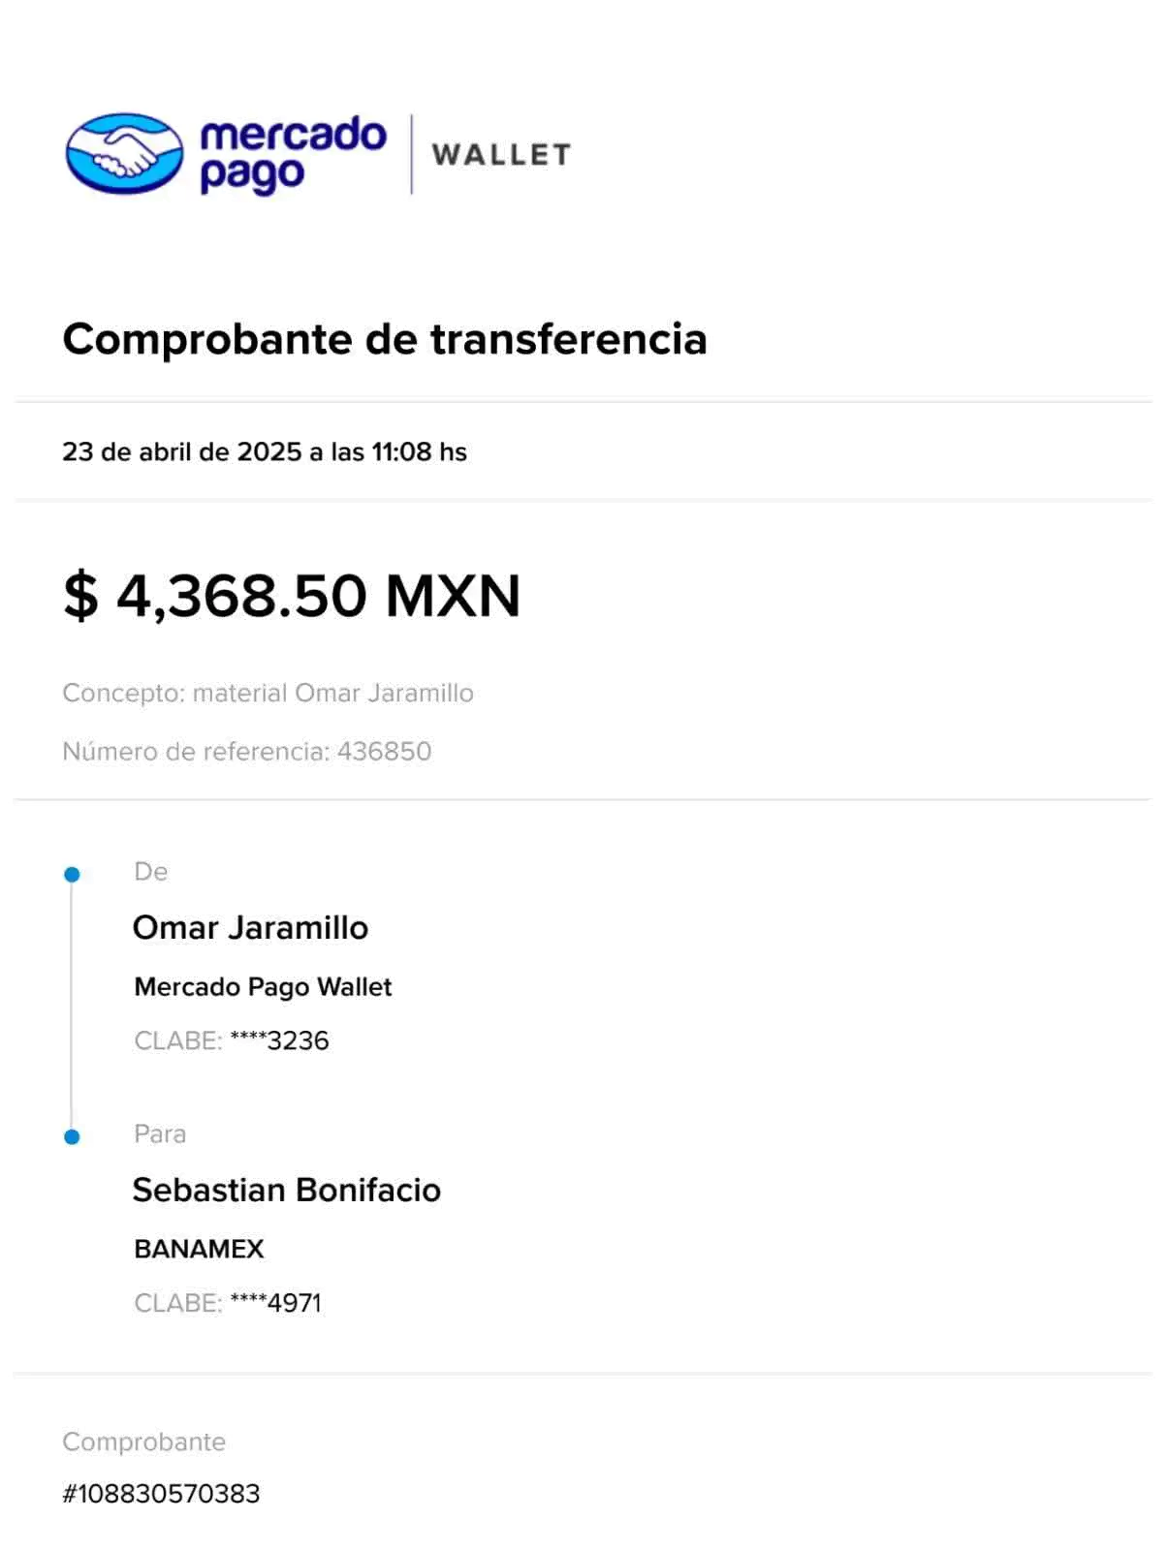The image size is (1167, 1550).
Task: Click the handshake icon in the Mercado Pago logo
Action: click(x=123, y=154)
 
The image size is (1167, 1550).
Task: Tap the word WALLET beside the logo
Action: click(x=501, y=155)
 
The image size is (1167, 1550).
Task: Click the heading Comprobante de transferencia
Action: click(x=386, y=340)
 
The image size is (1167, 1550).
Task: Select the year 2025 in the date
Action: click(x=269, y=452)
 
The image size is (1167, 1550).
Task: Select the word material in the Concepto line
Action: click(x=238, y=694)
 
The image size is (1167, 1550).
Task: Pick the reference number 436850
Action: click(x=384, y=751)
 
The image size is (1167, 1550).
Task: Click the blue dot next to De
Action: click(x=72, y=875)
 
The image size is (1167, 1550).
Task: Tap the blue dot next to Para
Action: click(x=72, y=1136)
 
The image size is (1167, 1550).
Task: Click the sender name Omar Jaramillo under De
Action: click(x=251, y=928)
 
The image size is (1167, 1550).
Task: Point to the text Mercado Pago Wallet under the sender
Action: click(x=263, y=987)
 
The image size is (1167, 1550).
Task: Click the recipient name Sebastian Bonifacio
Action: click(x=287, y=1190)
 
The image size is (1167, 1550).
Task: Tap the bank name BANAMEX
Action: click(x=200, y=1250)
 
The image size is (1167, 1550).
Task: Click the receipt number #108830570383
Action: click(x=162, y=1493)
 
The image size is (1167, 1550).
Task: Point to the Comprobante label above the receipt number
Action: click(x=144, y=1442)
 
